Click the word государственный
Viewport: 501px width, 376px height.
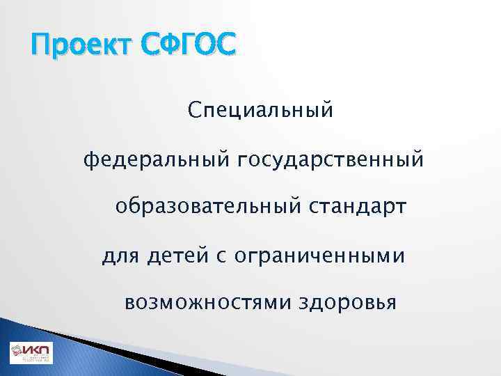[x=331, y=161]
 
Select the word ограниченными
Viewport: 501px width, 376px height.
[x=320, y=256]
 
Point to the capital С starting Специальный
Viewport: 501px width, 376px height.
[x=193, y=111]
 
